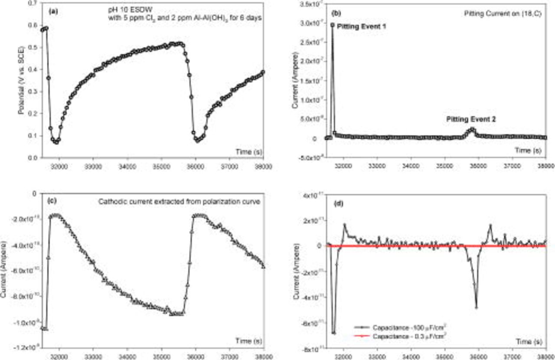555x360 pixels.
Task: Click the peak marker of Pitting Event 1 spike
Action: coord(333,25)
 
